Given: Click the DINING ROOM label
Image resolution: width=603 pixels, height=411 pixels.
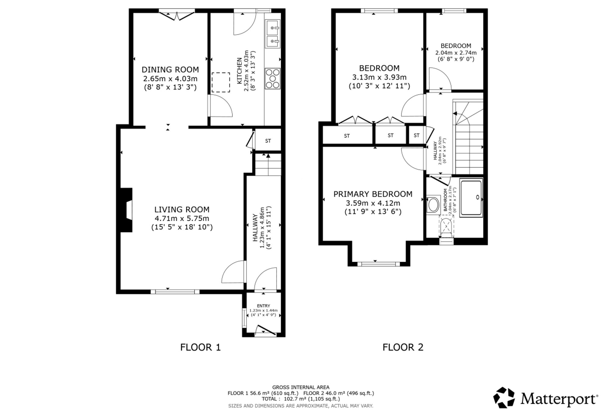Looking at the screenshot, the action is [170, 70].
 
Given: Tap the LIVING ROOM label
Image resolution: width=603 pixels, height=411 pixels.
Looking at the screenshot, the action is [182, 210].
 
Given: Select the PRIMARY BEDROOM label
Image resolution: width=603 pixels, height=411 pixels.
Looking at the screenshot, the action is [373, 194].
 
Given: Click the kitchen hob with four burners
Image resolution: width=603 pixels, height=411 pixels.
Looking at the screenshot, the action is [273, 79].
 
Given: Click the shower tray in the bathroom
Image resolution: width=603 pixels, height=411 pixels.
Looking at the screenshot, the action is [471, 198].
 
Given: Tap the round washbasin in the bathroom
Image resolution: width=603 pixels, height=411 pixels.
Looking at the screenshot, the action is [433, 205].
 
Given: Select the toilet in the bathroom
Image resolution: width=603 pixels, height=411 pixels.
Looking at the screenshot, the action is [447, 226].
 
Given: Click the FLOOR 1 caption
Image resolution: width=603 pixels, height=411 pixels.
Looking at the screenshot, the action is [200, 347].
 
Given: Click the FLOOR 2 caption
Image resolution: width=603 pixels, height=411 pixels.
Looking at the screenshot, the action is [403, 347].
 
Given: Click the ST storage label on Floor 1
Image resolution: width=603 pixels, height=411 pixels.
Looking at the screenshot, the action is [268, 141].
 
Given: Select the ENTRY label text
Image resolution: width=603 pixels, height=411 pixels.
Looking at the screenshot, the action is [264, 306].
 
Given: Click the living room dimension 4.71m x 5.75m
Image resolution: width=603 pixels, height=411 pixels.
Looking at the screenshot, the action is [182, 218].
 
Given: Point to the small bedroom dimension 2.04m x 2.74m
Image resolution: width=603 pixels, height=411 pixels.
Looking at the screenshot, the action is [456, 53].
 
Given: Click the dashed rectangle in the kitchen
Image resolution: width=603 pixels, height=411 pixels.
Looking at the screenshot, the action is [221, 82].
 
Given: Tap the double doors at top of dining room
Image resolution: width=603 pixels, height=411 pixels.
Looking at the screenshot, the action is [177, 15].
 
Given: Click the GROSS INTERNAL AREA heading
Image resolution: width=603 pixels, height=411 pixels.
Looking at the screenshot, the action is [301, 387].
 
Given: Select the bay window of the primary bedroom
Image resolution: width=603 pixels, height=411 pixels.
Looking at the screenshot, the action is [379, 264].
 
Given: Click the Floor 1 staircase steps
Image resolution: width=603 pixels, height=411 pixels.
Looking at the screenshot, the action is [268, 164].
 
